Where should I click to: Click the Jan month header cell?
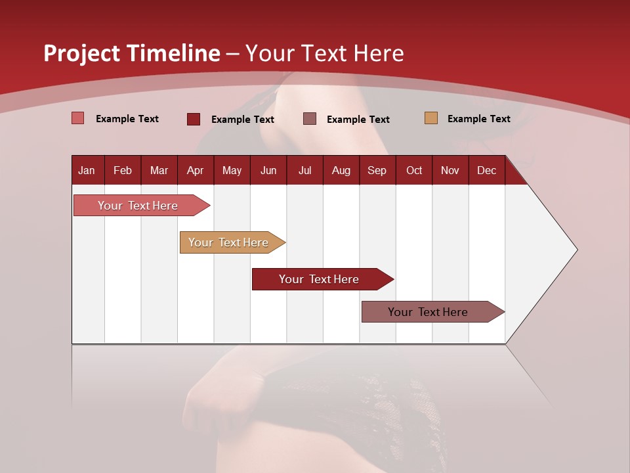point(87,170)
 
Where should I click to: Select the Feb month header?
point(123,170)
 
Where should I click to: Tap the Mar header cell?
point(159,170)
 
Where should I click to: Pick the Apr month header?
point(196,170)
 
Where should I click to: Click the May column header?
point(232,170)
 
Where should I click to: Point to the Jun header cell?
point(268,170)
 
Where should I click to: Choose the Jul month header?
point(304,170)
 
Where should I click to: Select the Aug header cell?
point(341,170)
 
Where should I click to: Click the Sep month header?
point(377,170)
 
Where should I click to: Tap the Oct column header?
point(414,170)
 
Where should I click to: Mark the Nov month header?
point(450,170)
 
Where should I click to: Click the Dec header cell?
point(487,170)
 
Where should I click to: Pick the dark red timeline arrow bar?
point(320,279)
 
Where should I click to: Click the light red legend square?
point(78,118)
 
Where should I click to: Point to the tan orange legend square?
point(431,118)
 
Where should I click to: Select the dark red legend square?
point(194,119)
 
